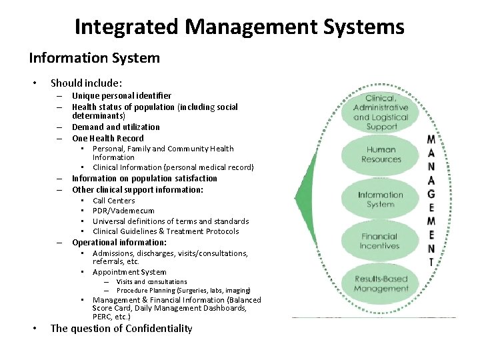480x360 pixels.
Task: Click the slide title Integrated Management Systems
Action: point(239,27)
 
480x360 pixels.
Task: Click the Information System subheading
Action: point(94,58)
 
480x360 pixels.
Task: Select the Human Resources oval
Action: point(381,155)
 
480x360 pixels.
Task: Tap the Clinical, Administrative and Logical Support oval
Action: point(381,112)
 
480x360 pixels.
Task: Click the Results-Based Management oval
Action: point(381,284)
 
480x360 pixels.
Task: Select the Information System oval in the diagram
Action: point(381,199)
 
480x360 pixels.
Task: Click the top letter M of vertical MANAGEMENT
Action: point(431,140)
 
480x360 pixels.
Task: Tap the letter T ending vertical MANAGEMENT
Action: point(431,263)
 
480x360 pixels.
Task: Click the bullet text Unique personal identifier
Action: point(121,96)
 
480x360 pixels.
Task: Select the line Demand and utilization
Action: point(116,127)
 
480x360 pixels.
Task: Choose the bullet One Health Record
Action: point(108,138)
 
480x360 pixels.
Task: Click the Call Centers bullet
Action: point(113,201)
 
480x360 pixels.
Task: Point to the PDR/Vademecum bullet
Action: point(123,211)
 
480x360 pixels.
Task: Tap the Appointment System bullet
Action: point(129,272)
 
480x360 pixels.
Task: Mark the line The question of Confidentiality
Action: point(121,328)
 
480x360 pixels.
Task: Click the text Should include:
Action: point(86,83)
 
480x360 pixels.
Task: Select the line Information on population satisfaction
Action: point(145,179)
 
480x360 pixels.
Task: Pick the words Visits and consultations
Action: point(151,282)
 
